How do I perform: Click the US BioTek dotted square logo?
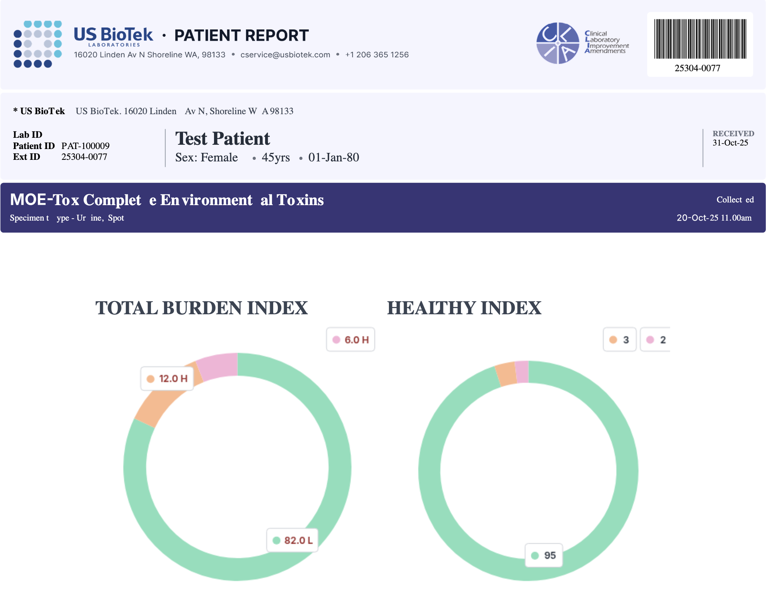38,44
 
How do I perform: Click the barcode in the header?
700,39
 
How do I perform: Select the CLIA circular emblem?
558,43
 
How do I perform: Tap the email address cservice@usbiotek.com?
285,55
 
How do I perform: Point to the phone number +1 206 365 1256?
377,55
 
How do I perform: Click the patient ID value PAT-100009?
85,146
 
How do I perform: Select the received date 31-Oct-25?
730,143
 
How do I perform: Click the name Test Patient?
223,139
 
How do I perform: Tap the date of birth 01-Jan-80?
334,158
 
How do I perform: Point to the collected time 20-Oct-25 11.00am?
714,218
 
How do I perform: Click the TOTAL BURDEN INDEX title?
201,308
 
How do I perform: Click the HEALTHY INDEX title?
464,308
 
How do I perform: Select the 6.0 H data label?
351,340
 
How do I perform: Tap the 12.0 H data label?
167,379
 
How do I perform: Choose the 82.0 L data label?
293,540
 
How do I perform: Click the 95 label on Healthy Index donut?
544,555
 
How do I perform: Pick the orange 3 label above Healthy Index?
620,340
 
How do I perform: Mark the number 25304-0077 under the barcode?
697,69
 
